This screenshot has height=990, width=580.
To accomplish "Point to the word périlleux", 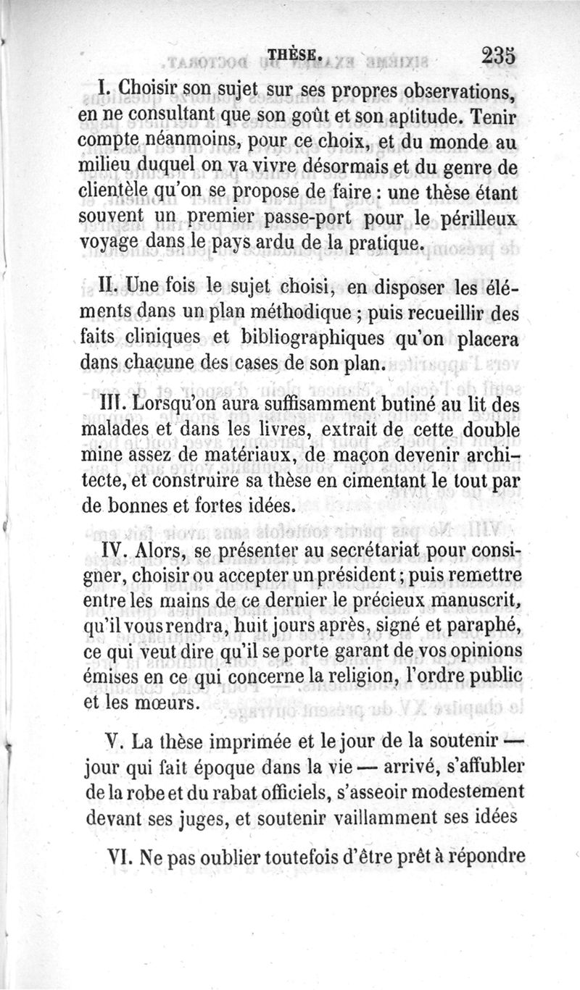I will click(473, 217).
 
